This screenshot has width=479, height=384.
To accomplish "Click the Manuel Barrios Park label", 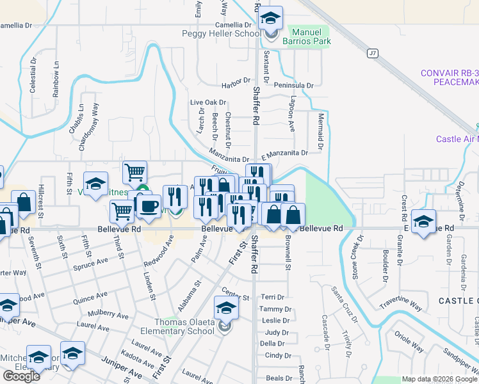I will click(x=311, y=36).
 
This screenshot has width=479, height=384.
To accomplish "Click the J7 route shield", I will click(x=372, y=53).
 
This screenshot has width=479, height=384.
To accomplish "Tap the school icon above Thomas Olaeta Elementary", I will click(x=225, y=309).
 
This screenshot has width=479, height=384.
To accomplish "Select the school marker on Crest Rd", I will click(x=423, y=222).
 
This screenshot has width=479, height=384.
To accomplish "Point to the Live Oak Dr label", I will click(x=208, y=102).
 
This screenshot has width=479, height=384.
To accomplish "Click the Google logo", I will click(x=21, y=376).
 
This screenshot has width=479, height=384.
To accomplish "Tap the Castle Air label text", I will click(x=457, y=139).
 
